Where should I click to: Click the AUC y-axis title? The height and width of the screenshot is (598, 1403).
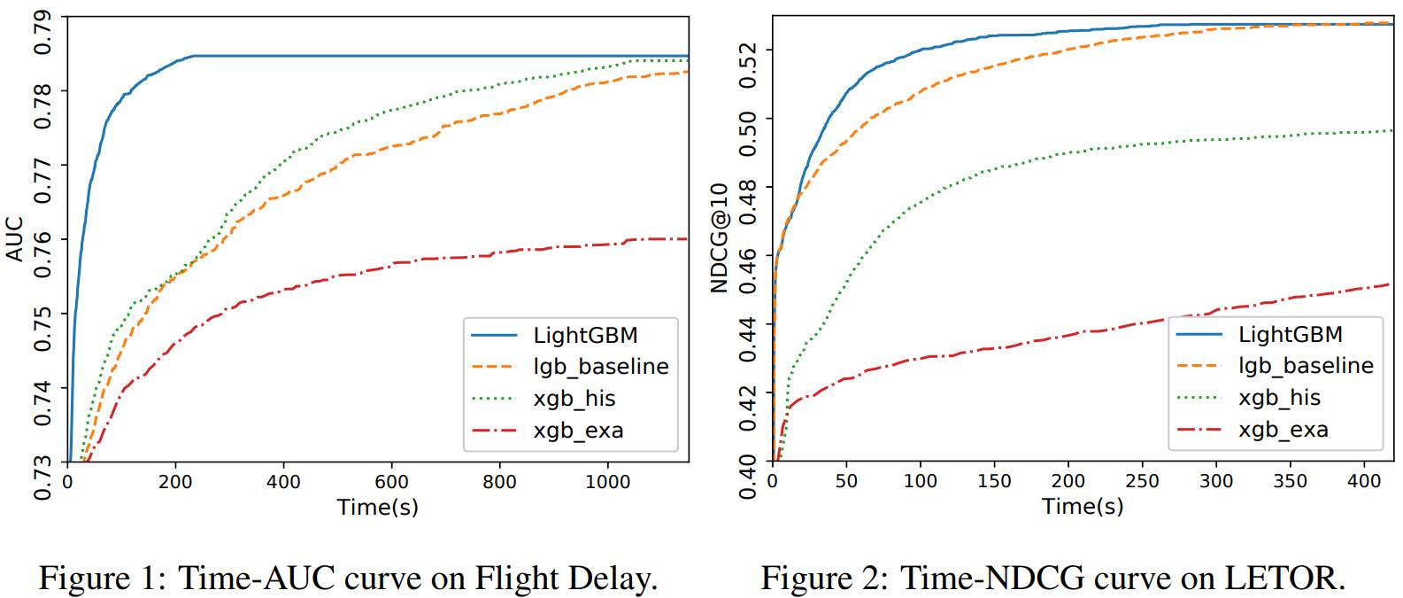[x=14, y=239]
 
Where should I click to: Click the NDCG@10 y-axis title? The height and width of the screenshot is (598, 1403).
[x=719, y=237]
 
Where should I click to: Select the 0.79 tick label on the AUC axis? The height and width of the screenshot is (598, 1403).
[x=42, y=33]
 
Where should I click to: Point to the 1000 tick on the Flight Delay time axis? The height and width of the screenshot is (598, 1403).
[x=608, y=482]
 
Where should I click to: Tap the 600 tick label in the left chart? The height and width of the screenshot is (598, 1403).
[x=391, y=482]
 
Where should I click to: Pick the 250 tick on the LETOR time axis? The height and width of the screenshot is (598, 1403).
[x=1142, y=481]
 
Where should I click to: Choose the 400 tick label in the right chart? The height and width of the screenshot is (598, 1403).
[x=1363, y=481]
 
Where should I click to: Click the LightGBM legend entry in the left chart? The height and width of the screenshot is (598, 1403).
[x=585, y=335]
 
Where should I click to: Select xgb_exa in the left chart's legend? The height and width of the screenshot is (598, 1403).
[x=578, y=431]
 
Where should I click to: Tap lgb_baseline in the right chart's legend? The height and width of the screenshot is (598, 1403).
[x=1306, y=365]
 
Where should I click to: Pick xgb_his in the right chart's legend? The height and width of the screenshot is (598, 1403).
[x=1279, y=397]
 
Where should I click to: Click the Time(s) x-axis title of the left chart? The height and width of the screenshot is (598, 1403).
[x=378, y=507]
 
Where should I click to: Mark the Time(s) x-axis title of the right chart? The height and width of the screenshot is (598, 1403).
[x=1083, y=506]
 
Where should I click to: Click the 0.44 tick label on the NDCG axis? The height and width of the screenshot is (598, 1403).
[x=748, y=341]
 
